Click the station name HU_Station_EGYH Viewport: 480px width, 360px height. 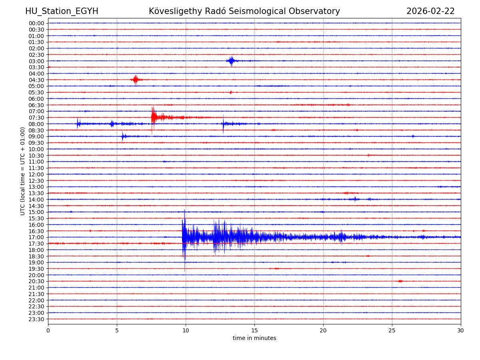(x=62, y=11)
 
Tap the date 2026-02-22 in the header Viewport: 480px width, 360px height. (x=430, y=11)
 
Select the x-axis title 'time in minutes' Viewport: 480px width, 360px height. (x=254, y=338)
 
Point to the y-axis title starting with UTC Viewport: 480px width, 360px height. (x=23, y=171)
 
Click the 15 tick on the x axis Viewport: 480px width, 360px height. (x=254, y=330)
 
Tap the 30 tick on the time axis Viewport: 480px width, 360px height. (x=460, y=330)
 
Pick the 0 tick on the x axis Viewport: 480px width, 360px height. (x=48, y=330)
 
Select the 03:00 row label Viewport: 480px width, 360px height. (x=36, y=61)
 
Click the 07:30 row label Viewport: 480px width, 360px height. (x=36, y=118)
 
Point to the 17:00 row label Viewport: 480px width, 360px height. (x=36, y=237)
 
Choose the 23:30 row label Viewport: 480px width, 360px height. (x=36, y=319)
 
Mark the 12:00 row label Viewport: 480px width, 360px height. (x=36, y=174)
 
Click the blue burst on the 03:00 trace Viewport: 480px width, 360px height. (x=231, y=61)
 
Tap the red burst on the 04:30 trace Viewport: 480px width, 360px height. (x=136, y=80)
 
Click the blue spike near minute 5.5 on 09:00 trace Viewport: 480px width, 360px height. (x=123, y=136)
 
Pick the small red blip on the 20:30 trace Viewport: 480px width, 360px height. (x=400, y=281)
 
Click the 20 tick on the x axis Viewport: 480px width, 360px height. (x=323, y=330)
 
